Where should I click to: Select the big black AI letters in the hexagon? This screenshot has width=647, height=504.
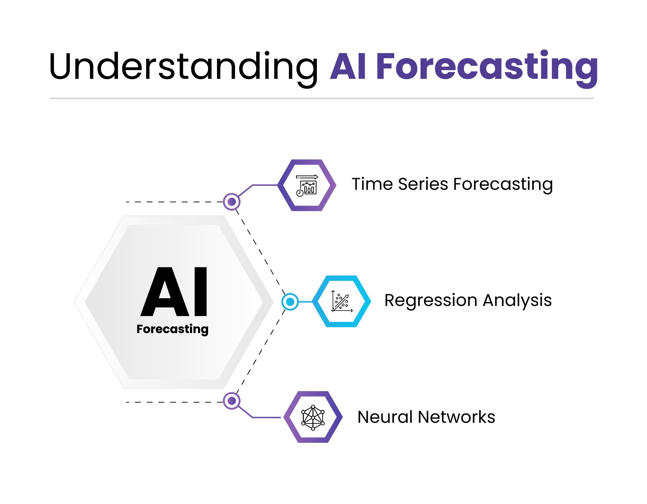[x=174, y=292]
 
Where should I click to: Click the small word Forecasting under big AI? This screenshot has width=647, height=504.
[x=172, y=329]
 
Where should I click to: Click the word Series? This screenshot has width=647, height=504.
[x=423, y=184]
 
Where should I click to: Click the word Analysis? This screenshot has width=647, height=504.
[x=517, y=300]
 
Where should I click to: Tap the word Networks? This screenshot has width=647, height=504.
[x=456, y=417]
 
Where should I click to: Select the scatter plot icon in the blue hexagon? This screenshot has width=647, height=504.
[x=342, y=301]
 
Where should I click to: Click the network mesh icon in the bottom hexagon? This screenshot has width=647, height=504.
[x=313, y=417]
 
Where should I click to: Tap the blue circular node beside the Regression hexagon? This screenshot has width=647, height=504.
[x=290, y=302]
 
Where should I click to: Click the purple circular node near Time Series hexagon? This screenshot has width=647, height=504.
[x=232, y=202]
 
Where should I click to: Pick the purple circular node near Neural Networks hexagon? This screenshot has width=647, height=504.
[x=232, y=401]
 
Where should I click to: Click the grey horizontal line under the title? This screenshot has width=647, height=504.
[x=321, y=98]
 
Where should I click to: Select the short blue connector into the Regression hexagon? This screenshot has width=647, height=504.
[x=305, y=302]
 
